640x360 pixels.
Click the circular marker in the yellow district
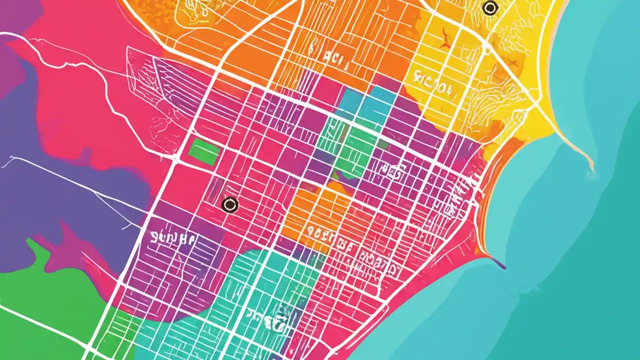click(490, 7)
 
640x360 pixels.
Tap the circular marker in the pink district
click(229, 204)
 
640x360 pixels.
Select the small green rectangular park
click(204, 152)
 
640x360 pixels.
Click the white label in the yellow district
click(433, 84)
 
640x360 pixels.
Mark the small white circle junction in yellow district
click(485, 50)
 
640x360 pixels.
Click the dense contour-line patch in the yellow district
click(480, 100)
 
